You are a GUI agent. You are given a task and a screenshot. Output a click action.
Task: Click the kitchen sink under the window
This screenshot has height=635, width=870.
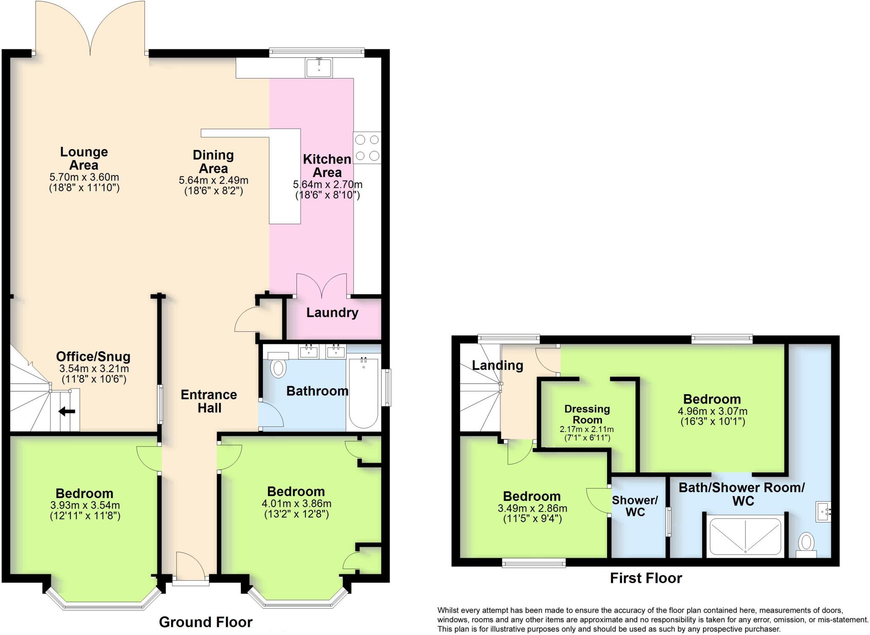coord(319,68)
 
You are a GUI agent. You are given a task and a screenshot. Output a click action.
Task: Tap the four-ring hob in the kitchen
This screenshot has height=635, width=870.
coord(367,148)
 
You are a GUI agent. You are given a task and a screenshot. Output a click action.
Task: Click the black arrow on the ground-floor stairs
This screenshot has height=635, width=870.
coord(67,411)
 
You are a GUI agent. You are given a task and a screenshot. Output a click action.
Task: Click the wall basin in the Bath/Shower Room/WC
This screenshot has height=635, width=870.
coord(823,512)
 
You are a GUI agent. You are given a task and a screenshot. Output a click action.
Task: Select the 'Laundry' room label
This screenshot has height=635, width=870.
coord(332,313)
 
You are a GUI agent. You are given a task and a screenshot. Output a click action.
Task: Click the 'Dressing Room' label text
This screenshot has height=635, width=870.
coord(587,414)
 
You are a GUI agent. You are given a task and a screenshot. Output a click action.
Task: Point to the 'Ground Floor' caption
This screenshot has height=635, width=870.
coord(206,622)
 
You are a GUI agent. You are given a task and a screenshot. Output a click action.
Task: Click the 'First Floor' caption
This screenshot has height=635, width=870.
coord(646,578)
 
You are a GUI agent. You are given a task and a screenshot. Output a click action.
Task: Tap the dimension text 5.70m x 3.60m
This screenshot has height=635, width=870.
coord(84,177)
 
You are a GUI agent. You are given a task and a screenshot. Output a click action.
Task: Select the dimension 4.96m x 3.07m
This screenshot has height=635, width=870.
coord(712,411)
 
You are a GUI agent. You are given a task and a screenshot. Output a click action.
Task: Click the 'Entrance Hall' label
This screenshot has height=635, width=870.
coord(209,401)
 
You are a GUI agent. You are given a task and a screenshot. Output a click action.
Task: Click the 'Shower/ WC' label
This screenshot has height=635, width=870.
coord(635,506)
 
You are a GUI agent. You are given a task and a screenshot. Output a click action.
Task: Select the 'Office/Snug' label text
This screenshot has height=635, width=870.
coord(93,357)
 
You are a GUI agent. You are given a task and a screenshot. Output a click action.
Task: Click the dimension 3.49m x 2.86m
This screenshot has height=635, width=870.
coord(532,508)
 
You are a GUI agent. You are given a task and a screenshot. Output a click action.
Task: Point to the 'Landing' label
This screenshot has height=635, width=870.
coord(497,365)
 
